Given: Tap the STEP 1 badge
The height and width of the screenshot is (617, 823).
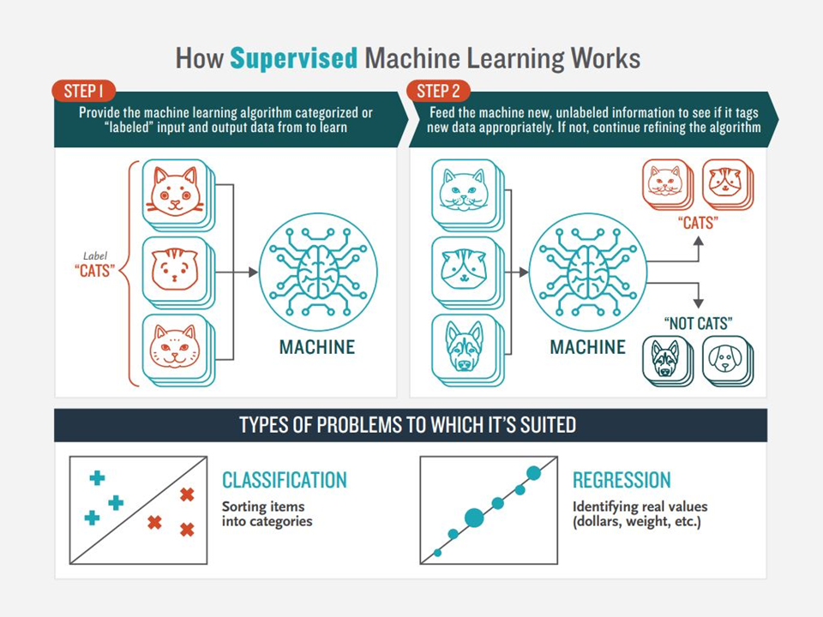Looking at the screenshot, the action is [83, 92].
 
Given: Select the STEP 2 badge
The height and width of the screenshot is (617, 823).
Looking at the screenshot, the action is [438, 92].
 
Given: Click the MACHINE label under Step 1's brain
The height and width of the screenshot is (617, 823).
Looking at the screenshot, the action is [317, 347].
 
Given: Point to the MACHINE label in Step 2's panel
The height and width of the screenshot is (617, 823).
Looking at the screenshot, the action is [587, 347].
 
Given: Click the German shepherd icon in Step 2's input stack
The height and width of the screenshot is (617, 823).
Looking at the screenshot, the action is [464, 347].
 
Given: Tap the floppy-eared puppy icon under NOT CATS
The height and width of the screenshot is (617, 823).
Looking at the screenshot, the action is [725, 359].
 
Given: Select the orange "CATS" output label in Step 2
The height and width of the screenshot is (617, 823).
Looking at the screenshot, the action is [698, 223].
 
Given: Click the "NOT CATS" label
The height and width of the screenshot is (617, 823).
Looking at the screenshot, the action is [698, 323].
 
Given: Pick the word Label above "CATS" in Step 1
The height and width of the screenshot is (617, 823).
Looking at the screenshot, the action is [95, 256].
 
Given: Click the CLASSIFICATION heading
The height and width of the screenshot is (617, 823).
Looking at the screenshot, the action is [285, 480].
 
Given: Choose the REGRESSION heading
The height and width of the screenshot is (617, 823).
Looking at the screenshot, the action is [622, 480].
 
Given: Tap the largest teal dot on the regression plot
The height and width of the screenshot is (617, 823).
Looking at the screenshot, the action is [474, 518].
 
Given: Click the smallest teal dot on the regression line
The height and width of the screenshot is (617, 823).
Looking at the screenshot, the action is [438, 553].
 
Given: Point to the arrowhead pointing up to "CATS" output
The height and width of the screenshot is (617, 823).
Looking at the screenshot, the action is [698, 242].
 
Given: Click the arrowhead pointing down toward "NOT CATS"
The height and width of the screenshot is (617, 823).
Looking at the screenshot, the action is [698, 303].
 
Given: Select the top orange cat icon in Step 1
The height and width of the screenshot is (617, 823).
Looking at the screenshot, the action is [175, 192].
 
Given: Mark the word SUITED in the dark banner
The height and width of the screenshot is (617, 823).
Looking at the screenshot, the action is [548, 425].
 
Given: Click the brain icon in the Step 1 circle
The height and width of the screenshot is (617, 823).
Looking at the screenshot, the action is [318, 272].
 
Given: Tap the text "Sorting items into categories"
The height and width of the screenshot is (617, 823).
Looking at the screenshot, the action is [267, 513].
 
